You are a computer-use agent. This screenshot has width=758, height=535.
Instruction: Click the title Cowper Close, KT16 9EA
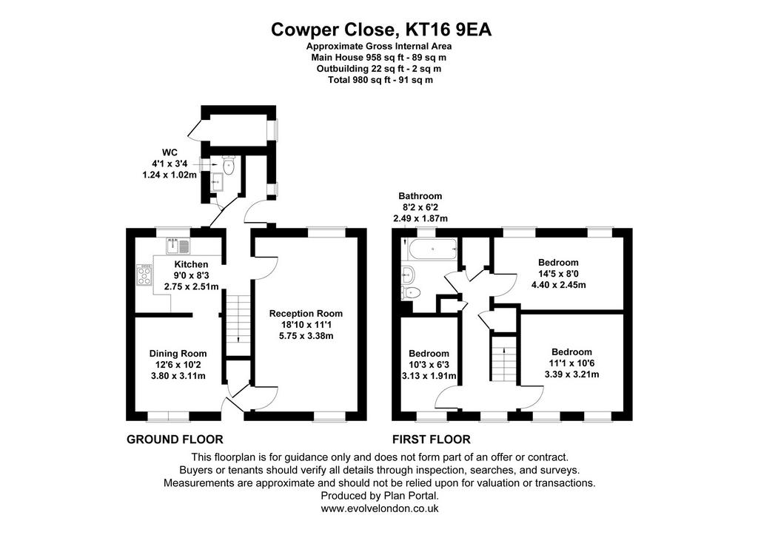coord(381,30)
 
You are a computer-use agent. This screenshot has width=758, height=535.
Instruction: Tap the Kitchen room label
coord(192,264)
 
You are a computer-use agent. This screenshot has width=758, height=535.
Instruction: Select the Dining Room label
coord(178,354)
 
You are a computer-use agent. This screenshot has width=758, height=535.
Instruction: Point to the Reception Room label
coord(306,314)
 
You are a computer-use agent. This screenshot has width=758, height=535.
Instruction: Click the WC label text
coord(170,152)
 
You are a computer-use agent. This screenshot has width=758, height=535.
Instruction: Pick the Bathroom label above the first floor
coord(420,196)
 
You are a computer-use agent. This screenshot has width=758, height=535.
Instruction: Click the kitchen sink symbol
coord(178,246)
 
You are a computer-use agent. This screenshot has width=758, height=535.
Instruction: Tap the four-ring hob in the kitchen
coord(144,275)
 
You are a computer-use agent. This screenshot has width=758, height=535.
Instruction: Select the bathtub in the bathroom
coord(432,250)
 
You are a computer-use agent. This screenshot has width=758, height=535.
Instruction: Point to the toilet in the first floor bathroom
coord(411,292)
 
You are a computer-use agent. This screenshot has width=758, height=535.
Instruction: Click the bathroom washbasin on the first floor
coord(408,275)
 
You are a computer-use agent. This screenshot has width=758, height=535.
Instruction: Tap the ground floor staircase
coord(238,318)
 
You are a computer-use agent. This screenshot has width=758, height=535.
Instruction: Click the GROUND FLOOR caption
coord(175,440)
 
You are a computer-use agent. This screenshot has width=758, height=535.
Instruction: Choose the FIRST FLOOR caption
coord(432,440)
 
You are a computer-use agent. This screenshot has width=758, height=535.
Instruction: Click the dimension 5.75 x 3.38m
coord(306,336)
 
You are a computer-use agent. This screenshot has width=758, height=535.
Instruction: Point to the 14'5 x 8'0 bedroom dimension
coord(558,274)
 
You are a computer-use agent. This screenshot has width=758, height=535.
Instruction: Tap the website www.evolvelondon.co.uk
coord(380,508)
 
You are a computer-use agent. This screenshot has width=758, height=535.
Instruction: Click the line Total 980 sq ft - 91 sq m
coord(380,80)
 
